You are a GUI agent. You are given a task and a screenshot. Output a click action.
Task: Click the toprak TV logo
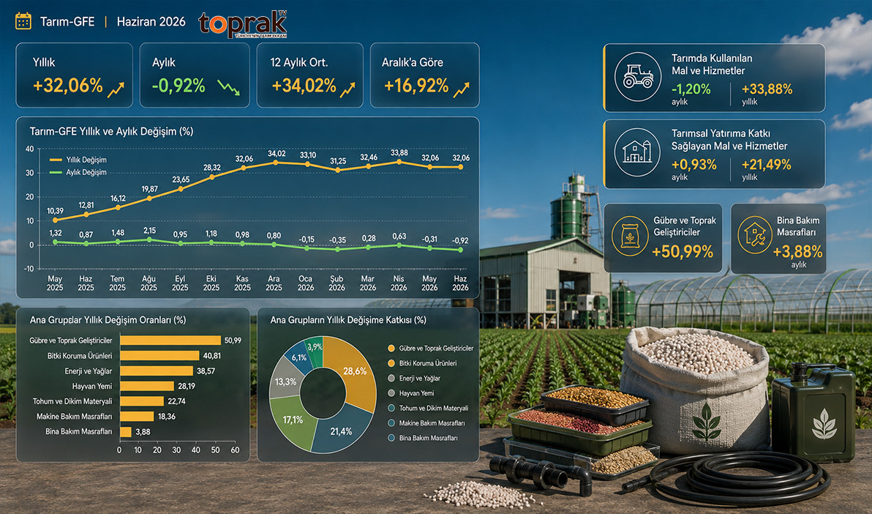242,24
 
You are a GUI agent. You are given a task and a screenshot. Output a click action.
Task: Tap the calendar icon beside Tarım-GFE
23,21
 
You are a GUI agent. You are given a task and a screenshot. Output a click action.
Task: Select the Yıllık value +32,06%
68,86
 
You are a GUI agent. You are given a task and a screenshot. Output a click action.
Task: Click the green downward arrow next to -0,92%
228,87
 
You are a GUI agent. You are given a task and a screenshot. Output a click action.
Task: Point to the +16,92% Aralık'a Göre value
416,86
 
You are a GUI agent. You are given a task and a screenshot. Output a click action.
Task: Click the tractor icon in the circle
638,77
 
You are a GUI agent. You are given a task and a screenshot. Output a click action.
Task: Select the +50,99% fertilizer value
683,252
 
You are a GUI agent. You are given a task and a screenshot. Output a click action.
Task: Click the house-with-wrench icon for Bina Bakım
755,235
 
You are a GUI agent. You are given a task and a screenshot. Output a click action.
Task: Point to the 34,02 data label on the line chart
277,154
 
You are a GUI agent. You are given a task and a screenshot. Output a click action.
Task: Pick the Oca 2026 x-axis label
305,283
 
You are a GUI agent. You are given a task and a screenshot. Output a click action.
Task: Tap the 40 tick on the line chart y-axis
29,149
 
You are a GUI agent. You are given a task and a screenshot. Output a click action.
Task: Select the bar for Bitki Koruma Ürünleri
159,356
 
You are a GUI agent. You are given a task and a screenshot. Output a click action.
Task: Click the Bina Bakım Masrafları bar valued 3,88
126,431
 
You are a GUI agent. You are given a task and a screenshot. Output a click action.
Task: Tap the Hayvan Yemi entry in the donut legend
411,393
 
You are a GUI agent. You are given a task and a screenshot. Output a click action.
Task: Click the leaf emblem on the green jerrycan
824,424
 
